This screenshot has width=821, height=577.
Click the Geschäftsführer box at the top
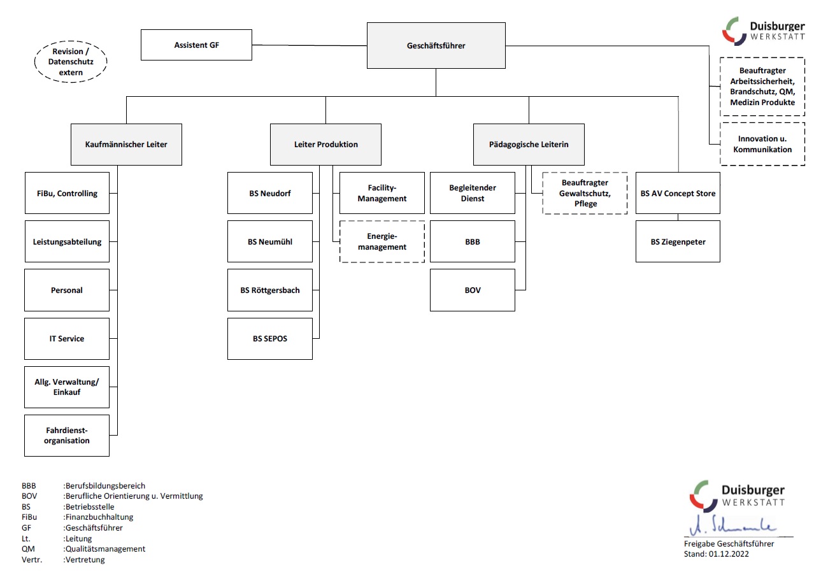tap(436, 46)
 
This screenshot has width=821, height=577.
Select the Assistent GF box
tap(196, 45)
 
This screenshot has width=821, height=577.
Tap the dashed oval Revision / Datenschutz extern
tap(70, 62)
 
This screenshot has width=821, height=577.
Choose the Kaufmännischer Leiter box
tap(126, 145)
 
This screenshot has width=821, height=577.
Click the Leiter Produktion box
tap(325, 145)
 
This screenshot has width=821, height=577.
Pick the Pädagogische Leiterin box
tap(529, 145)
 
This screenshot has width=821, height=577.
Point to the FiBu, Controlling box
tap(67, 193)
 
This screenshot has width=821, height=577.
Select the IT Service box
tap(67, 339)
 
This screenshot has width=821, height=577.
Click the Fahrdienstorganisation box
tap(67, 436)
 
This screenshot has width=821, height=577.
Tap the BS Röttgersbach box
tap(270, 290)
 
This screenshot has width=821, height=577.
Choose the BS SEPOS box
tap(270, 339)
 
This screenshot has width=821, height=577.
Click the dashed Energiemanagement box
tap(382, 242)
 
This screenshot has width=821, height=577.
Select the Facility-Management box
tap(382, 193)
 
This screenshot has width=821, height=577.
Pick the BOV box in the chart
tap(473, 290)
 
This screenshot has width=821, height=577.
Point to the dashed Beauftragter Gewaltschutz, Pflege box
tap(585, 193)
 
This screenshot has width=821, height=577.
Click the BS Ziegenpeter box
tap(678, 242)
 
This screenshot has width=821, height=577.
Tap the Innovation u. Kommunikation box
tap(762, 144)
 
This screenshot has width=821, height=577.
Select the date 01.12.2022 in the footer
tap(727, 554)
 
